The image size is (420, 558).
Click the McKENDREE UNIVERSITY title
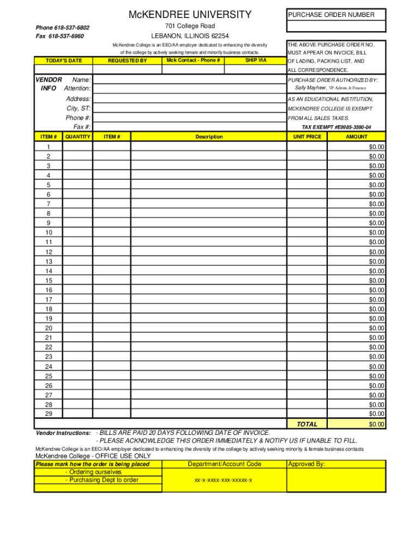(190, 15)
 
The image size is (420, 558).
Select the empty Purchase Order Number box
(335, 26)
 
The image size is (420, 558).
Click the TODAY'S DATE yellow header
(64, 60)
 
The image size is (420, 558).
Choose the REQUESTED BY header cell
(127, 60)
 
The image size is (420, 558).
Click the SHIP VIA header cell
(256, 60)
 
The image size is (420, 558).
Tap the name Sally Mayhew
(310, 88)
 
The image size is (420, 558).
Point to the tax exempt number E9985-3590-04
(337, 127)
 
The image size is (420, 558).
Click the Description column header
(209, 137)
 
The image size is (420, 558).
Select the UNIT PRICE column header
(307, 137)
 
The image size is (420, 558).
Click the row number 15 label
(49, 281)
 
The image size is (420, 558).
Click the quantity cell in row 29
(77, 414)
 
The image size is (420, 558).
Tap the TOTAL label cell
(307, 424)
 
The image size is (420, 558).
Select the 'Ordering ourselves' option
(93, 472)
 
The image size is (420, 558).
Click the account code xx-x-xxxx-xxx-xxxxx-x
(224, 480)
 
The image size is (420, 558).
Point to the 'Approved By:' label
(306, 464)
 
